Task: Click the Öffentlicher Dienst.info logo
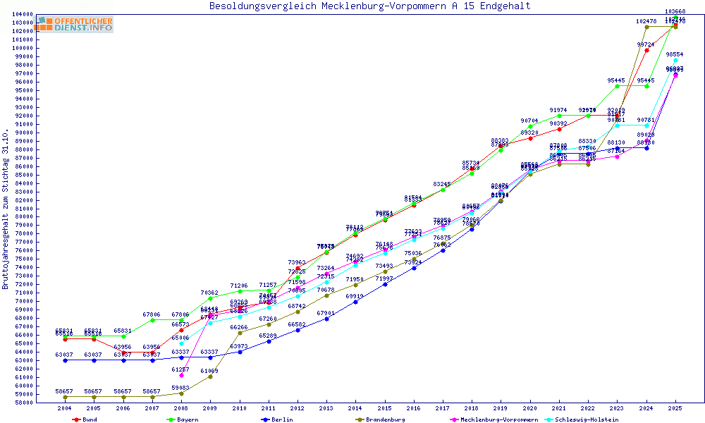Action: coord(75,25)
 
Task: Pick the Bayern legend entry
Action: coord(187,419)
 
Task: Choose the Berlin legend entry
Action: coord(282,419)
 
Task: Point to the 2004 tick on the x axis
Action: coord(65,408)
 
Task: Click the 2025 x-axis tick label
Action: coord(675,408)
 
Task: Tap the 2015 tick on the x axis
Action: coord(384,408)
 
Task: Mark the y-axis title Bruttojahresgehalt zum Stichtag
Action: coord(6,209)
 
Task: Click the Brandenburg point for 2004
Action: coord(65,397)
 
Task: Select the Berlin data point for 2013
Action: coord(326,319)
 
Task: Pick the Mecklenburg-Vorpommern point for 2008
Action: coord(181,375)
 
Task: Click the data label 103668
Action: coord(675,11)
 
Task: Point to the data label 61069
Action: coord(210,371)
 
